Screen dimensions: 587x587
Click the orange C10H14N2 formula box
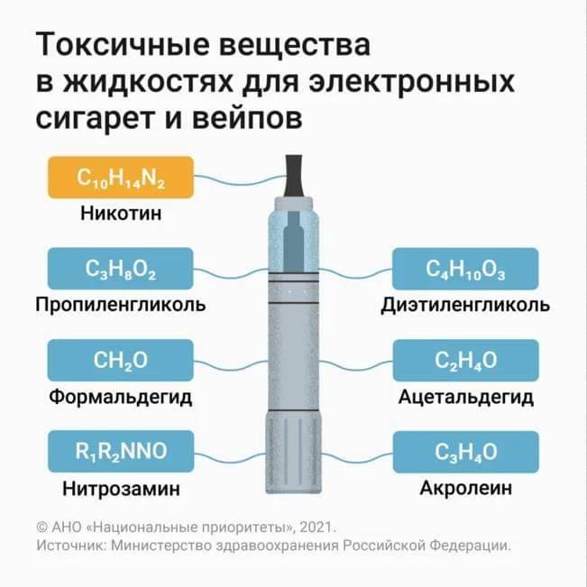tap(121, 178)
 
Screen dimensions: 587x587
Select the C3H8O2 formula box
tap(121, 269)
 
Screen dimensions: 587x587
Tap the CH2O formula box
tap(121, 360)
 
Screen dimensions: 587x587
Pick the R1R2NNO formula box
tap(121, 451)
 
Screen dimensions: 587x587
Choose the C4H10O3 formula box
tap(465, 269)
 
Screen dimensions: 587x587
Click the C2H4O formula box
tap(465, 360)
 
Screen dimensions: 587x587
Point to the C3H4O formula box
tap(465, 452)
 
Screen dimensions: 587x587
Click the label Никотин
tap(121, 214)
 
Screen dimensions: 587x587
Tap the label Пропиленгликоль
tap(121, 305)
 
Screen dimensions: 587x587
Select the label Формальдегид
tap(121, 397)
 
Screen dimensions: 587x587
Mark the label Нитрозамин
tap(121, 489)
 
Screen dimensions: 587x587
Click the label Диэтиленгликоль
tap(465, 305)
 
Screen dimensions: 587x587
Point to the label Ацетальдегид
tap(465, 397)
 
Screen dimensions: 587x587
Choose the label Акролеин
tap(465, 488)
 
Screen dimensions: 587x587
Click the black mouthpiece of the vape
tap(294, 176)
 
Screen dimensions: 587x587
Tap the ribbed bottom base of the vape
tap(294, 453)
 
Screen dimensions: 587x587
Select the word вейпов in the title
tap(247, 119)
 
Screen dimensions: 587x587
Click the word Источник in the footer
tap(71, 546)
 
